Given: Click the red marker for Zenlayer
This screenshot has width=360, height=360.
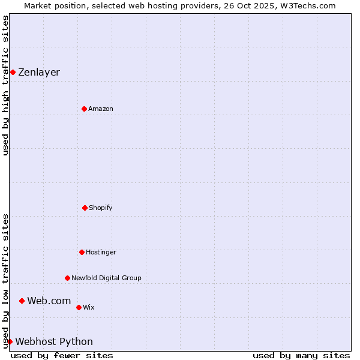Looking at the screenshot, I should [13, 73].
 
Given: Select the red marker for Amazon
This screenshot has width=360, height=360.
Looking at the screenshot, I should [84, 109].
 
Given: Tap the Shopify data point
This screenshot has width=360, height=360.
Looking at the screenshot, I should [85, 208].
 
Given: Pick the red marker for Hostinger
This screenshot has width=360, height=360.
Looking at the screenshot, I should [82, 252].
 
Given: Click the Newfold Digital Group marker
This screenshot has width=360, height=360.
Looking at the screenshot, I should [67, 278].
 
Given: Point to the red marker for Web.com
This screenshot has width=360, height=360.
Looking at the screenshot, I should [22, 301].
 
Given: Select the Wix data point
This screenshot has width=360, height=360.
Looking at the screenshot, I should [79, 307].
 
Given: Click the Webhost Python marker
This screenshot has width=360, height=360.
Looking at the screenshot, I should [10, 341].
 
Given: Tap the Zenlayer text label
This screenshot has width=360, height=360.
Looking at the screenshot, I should [39, 73].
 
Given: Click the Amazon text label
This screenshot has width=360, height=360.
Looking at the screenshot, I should [101, 109].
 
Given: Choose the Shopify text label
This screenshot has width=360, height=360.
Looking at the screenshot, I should [101, 208].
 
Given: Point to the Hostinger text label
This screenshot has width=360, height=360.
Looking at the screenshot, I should [101, 252].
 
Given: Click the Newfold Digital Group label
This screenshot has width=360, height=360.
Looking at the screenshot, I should [106, 278].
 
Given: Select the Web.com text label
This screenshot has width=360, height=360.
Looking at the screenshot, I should [49, 301].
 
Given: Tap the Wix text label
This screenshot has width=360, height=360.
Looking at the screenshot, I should [89, 307].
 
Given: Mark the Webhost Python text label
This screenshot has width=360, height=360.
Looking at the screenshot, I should [54, 341].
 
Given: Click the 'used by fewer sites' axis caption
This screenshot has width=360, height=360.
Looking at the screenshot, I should [62, 355].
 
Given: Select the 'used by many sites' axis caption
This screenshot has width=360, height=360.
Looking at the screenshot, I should [301, 355].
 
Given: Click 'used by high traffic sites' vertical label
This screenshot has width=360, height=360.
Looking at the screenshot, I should [5, 85].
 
